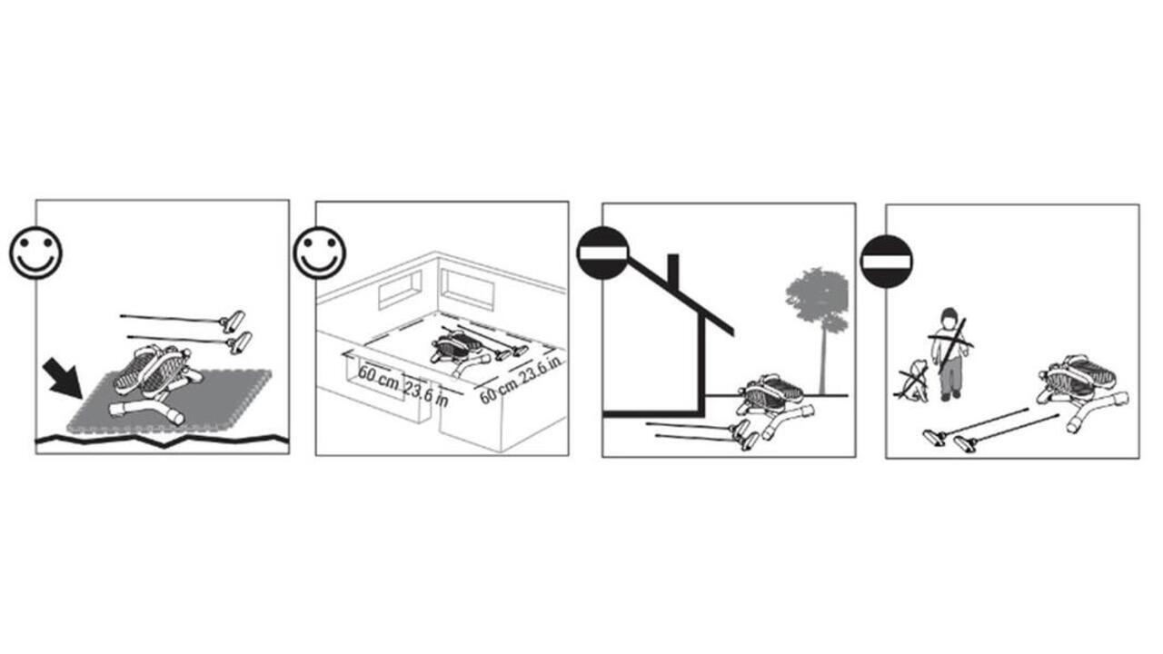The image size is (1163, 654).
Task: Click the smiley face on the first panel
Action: tap(35, 253)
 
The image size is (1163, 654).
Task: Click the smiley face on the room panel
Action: tap(319, 253)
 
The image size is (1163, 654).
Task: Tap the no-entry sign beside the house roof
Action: tap(602, 253)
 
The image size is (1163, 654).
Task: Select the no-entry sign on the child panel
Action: tap(886, 261)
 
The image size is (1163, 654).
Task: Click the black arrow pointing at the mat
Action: tap(64, 377)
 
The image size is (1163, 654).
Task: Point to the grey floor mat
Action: tap(169, 401)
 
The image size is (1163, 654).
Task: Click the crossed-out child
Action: tap(949, 354)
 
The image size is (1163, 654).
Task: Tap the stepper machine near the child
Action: tap(1081, 391)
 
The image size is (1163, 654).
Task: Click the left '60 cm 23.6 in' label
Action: tap(403, 386)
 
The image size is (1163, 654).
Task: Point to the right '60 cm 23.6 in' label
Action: tap(521, 379)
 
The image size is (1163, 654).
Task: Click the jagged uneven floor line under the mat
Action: tap(162, 441)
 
